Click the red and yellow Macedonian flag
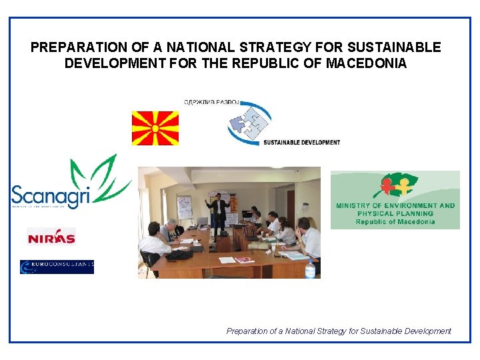click(x=155, y=128)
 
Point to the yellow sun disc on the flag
click(x=155, y=128)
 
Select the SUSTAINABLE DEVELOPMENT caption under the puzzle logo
click(x=301, y=142)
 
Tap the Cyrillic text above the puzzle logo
click(x=211, y=102)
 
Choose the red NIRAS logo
click(x=51, y=236)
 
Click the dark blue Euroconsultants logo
click(x=57, y=267)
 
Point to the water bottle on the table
click(x=309, y=269)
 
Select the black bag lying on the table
click(x=179, y=254)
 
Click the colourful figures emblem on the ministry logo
click(x=395, y=186)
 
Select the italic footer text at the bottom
click(x=339, y=331)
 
